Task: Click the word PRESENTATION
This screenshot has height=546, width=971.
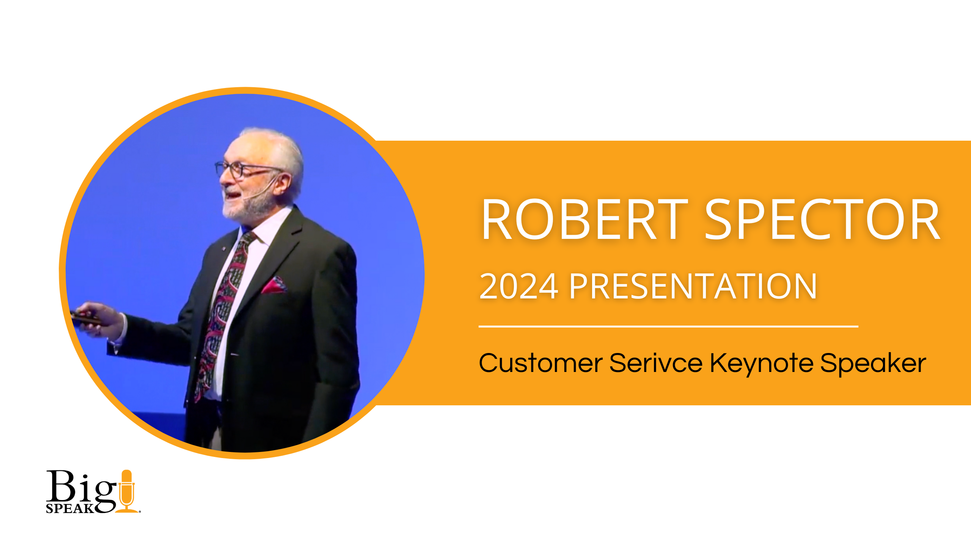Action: [x=693, y=287]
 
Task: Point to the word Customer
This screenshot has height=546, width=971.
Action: [x=540, y=363]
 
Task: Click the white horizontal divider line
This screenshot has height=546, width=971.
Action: [x=668, y=326]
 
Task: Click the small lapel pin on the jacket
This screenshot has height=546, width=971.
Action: [x=223, y=249]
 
